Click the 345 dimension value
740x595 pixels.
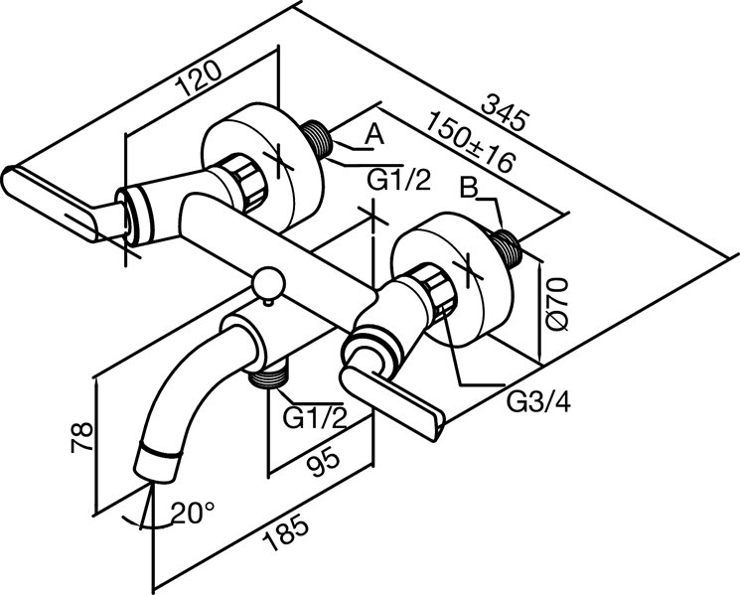[503, 113]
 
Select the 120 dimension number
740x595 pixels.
[198, 77]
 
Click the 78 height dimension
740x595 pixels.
[81, 438]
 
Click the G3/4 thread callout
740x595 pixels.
[538, 402]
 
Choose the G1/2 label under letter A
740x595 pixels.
[399, 180]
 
